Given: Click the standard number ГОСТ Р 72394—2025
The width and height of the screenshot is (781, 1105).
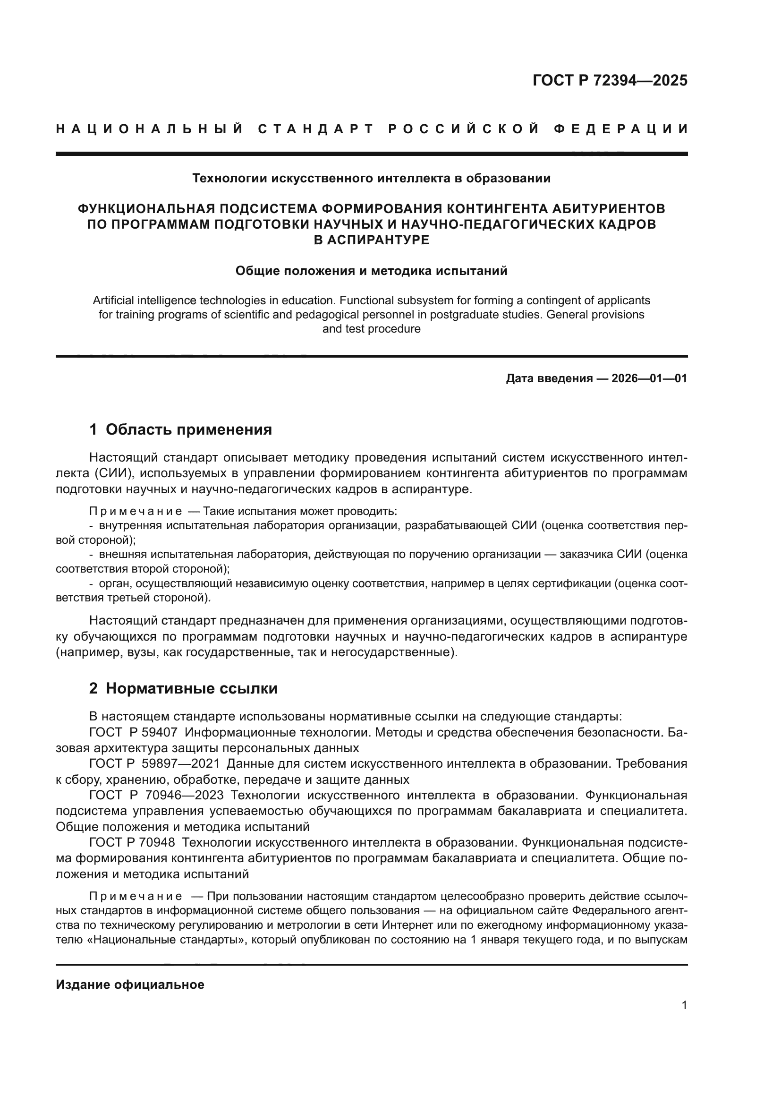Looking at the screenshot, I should [x=610, y=80].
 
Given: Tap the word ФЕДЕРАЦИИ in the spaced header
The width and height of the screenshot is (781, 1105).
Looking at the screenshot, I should [x=620, y=129].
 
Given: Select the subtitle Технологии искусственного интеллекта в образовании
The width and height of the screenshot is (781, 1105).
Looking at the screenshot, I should [x=371, y=179].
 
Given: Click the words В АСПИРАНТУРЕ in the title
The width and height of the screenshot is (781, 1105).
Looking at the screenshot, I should [x=371, y=240].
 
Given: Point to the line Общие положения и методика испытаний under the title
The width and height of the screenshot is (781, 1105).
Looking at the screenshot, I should [x=371, y=271].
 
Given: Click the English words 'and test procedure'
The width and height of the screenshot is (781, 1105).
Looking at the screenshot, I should [x=371, y=329].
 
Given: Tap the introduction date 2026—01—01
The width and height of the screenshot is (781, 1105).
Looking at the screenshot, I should [x=649, y=378].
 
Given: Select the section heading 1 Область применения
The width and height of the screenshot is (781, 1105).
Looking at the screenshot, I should [x=181, y=429].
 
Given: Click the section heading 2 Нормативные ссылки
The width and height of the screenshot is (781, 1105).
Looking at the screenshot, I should [x=183, y=689].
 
